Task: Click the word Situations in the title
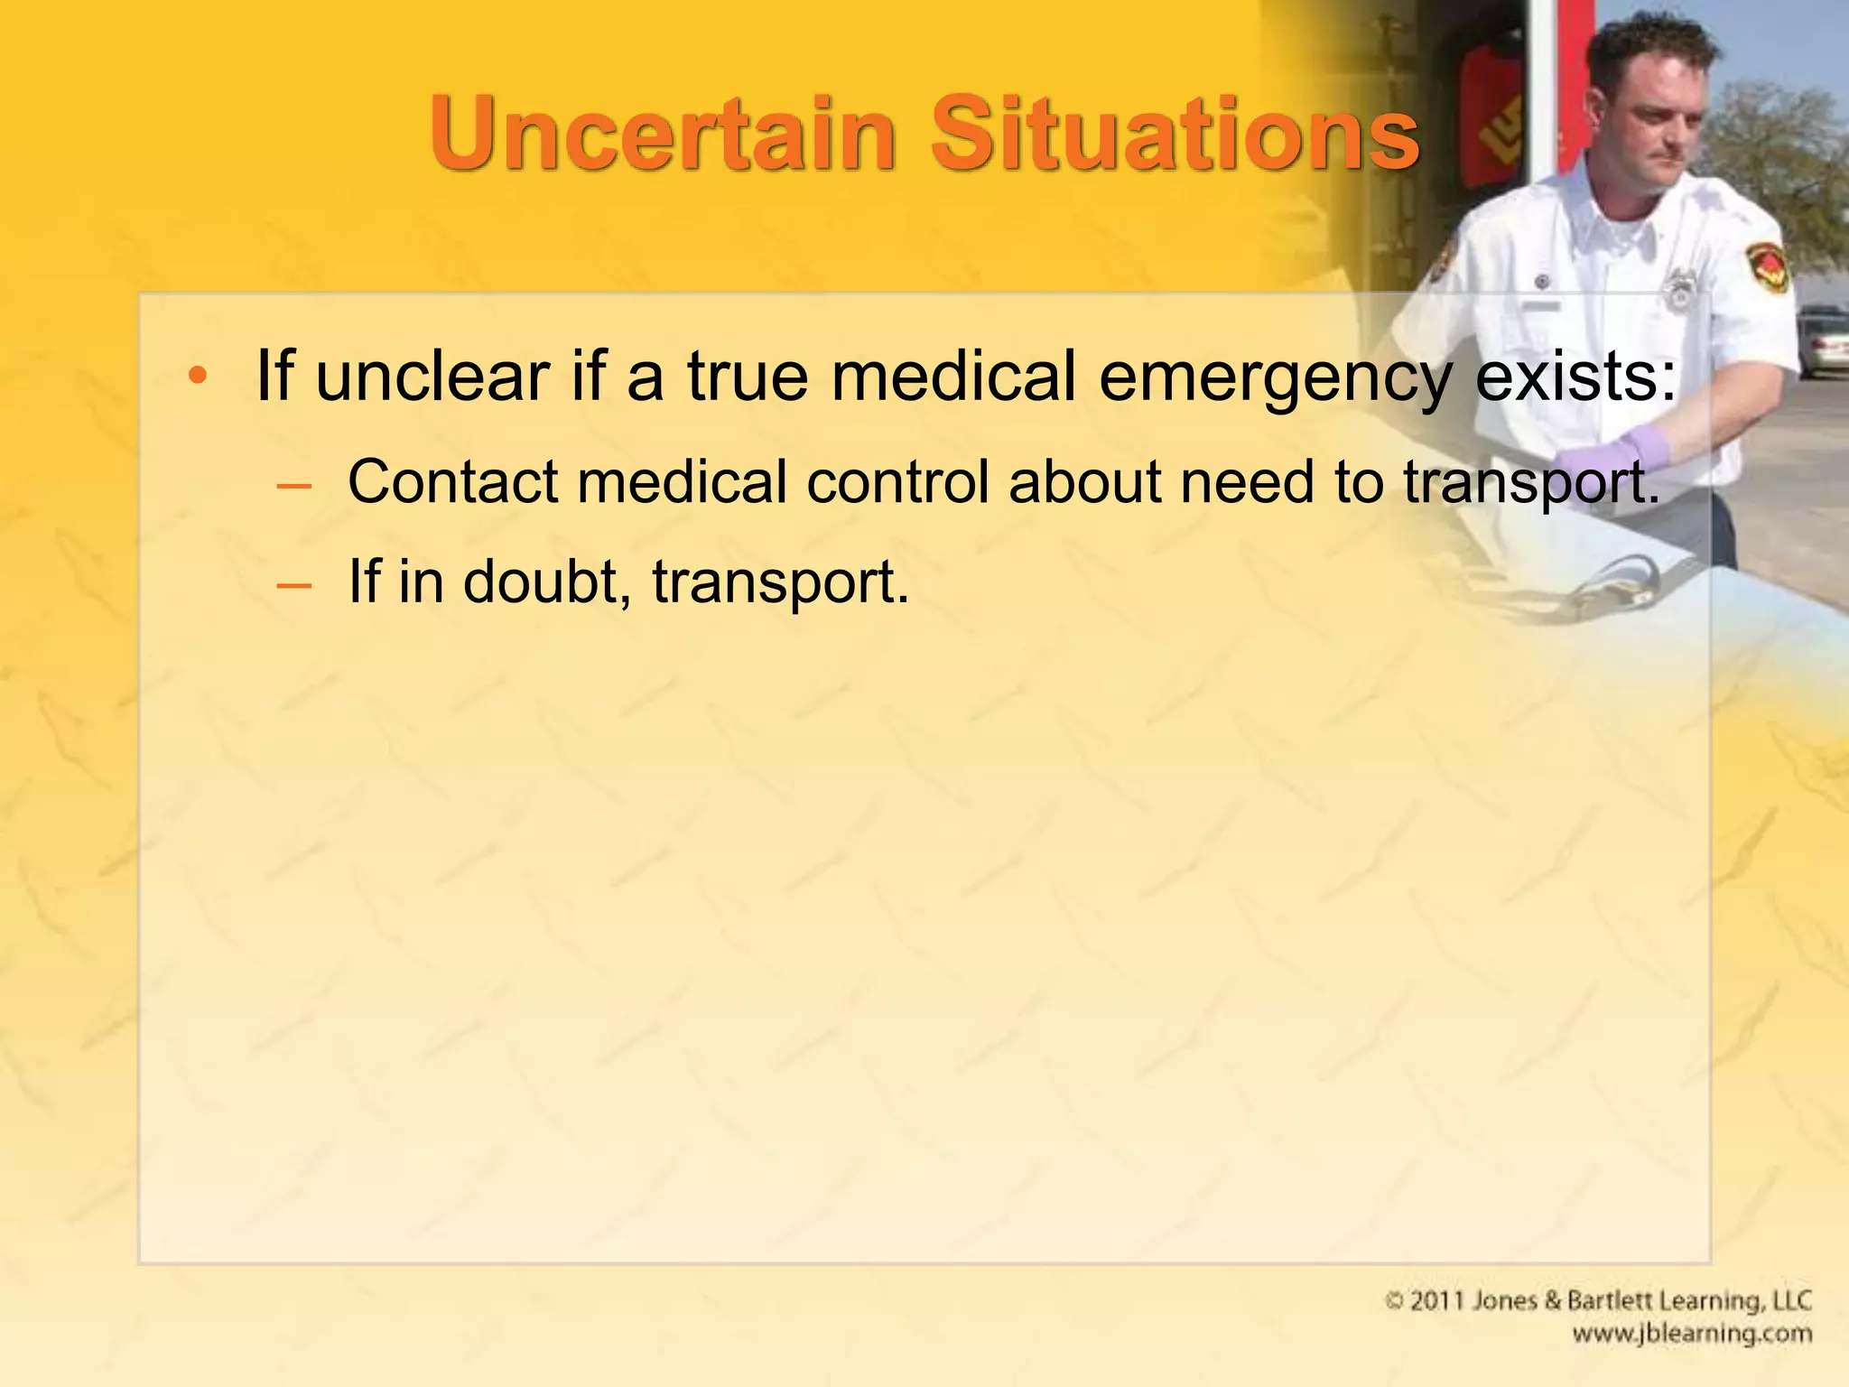point(1175,134)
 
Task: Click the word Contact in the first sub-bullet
point(452,481)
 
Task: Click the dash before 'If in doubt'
point(294,585)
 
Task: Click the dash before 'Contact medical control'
point(294,486)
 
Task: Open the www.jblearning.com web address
point(1691,1334)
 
